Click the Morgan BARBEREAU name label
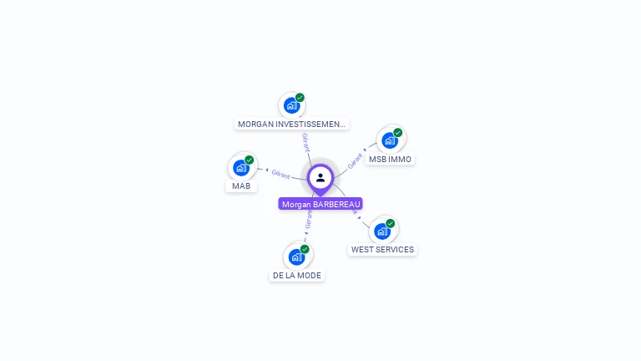(320, 204)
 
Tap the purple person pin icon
(320, 178)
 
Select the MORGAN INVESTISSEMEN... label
(291, 124)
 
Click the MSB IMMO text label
(390, 159)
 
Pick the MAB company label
(241, 186)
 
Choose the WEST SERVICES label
(382, 249)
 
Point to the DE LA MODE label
(296, 275)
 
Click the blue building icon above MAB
(241, 167)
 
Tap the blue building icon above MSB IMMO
(390, 140)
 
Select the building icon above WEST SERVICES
(382, 231)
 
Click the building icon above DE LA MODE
(296, 257)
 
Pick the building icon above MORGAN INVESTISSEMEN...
(291, 105)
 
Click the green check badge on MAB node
(250, 160)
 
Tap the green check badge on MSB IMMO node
(398, 133)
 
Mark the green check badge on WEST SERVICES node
(391, 223)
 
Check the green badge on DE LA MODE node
(305, 249)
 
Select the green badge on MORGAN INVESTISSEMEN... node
(300, 98)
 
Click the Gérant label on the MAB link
(280, 174)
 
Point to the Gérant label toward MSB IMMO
(356, 160)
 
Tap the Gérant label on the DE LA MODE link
(308, 220)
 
